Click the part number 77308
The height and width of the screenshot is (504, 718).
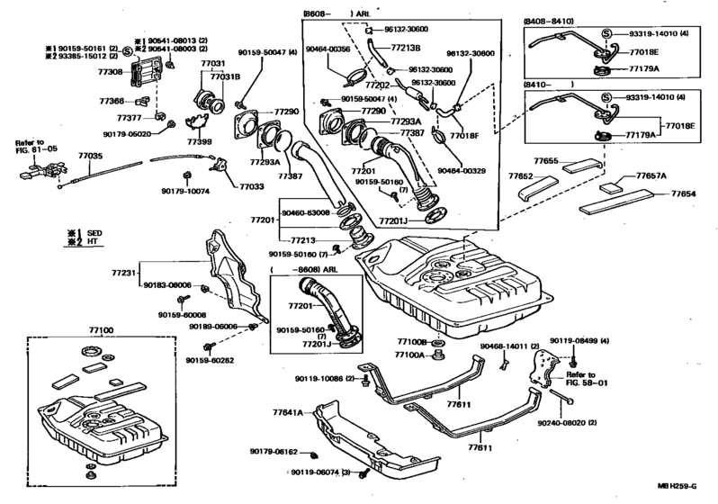click(x=111, y=70)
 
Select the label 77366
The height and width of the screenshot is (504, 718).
click(x=111, y=102)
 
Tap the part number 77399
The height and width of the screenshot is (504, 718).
click(x=199, y=141)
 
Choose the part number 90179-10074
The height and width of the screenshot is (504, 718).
click(x=185, y=191)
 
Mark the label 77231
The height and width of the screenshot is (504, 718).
click(x=123, y=272)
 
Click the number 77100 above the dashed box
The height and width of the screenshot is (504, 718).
click(x=101, y=330)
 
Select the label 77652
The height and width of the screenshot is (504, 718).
click(x=521, y=176)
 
